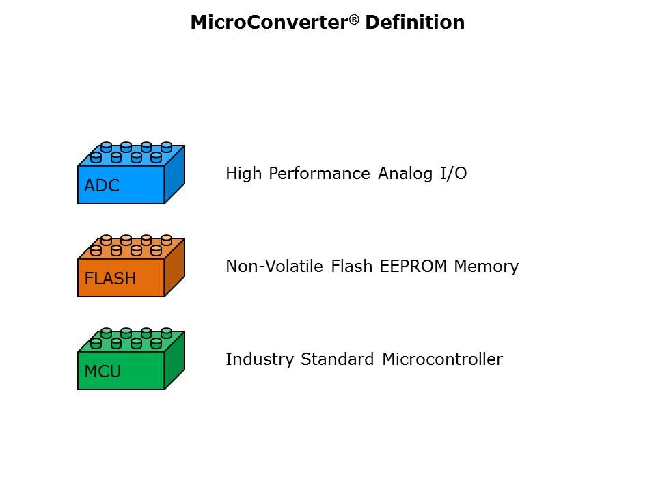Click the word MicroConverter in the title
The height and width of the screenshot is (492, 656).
click(270, 23)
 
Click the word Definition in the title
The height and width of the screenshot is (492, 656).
click(415, 23)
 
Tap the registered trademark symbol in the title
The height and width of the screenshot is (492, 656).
click(355, 18)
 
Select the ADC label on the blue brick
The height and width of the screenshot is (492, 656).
click(102, 186)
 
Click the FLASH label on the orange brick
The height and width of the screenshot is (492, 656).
click(110, 279)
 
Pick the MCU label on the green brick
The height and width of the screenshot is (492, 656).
click(102, 372)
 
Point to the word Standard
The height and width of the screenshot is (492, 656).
click(338, 359)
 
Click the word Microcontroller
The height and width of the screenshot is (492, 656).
click(442, 359)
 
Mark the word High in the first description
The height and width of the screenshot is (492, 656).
click(244, 174)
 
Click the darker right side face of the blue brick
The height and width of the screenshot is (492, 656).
click(174, 175)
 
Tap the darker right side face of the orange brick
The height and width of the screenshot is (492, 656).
click(174, 268)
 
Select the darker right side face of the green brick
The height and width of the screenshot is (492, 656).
click(174, 361)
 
